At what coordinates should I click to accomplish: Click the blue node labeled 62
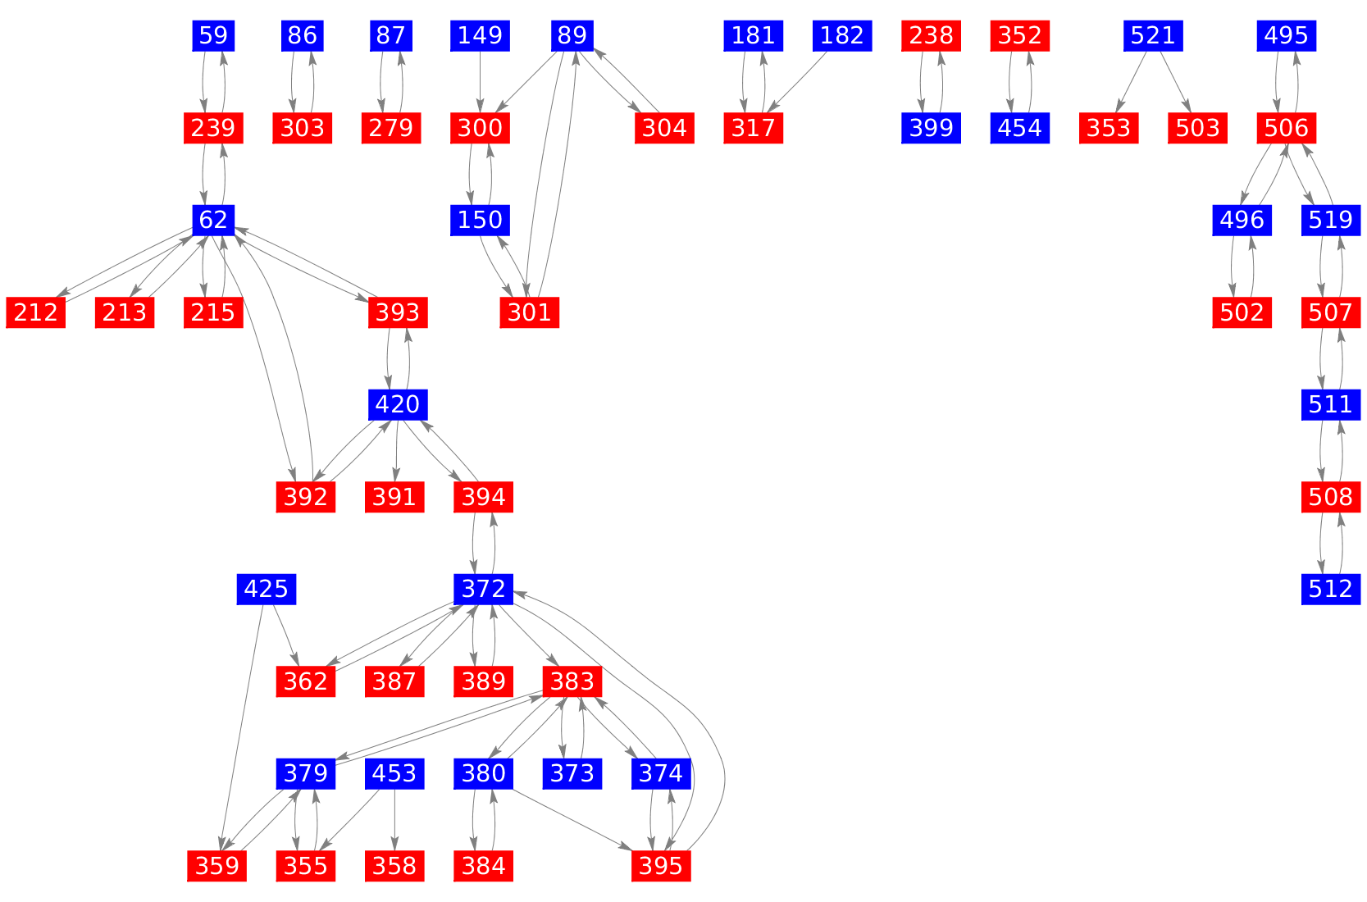coord(213,220)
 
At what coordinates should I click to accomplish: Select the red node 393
coord(398,312)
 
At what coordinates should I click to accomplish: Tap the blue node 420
coord(398,404)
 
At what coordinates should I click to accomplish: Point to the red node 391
coord(394,497)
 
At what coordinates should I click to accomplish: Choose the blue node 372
coord(484,589)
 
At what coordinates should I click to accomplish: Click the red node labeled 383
coord(572,681)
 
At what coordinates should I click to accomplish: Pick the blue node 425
coord(267,589)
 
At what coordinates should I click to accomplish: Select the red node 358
coord(394,866)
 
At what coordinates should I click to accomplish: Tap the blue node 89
coord(572,35)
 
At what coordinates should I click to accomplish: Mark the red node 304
coord(664,128)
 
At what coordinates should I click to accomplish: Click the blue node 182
coord(842,35)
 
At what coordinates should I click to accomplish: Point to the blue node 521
coord(1153,35)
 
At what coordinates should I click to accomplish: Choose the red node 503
coord(1197,128)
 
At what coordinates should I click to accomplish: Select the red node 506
coord(1287,128)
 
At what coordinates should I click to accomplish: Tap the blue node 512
coord(1331,589)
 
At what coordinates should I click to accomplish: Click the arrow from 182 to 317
coord(799,81)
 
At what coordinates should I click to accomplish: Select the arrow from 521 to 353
coord(1132,81)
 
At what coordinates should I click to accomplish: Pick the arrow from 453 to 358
coord(395,819)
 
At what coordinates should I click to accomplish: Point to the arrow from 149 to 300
coord(480,81)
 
